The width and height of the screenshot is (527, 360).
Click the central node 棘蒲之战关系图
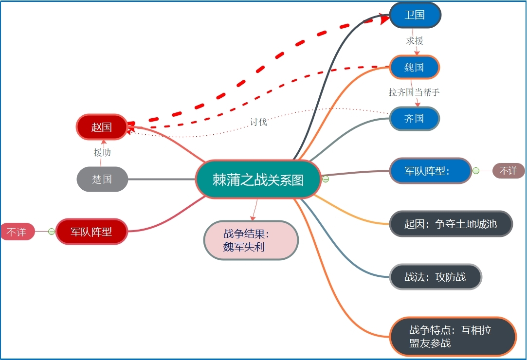tap(258, 180)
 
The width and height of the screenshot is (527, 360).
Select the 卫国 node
tap(415, 15)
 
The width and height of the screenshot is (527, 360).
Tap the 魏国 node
tap(414, 67)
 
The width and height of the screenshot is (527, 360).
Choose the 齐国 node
tap(414, 119)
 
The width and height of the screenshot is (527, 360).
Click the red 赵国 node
tap(101, 127)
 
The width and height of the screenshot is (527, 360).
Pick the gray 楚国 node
tap(102, 179)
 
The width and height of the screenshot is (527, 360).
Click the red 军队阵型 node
tap(91, 232)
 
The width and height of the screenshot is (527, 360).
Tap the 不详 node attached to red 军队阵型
tap(17, 232)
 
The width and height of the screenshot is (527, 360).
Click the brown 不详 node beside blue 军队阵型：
tap(509, 171)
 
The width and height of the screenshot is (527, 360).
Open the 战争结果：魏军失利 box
tap(251, 240)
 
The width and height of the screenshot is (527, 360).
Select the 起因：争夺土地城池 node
tap(451, 224)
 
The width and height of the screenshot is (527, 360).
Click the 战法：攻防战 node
tap(436, 277)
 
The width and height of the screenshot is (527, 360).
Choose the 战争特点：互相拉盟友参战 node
tap(453, 337)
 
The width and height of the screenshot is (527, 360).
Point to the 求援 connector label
tap(415, 40)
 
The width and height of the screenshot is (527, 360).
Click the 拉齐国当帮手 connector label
tap(414, 92)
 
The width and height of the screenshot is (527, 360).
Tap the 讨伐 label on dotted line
tap(258, 122)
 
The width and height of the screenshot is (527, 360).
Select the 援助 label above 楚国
tap(102, 152)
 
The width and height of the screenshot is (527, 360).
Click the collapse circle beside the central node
tap(326, 179)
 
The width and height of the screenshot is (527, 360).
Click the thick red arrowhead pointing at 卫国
tap(383, 18)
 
